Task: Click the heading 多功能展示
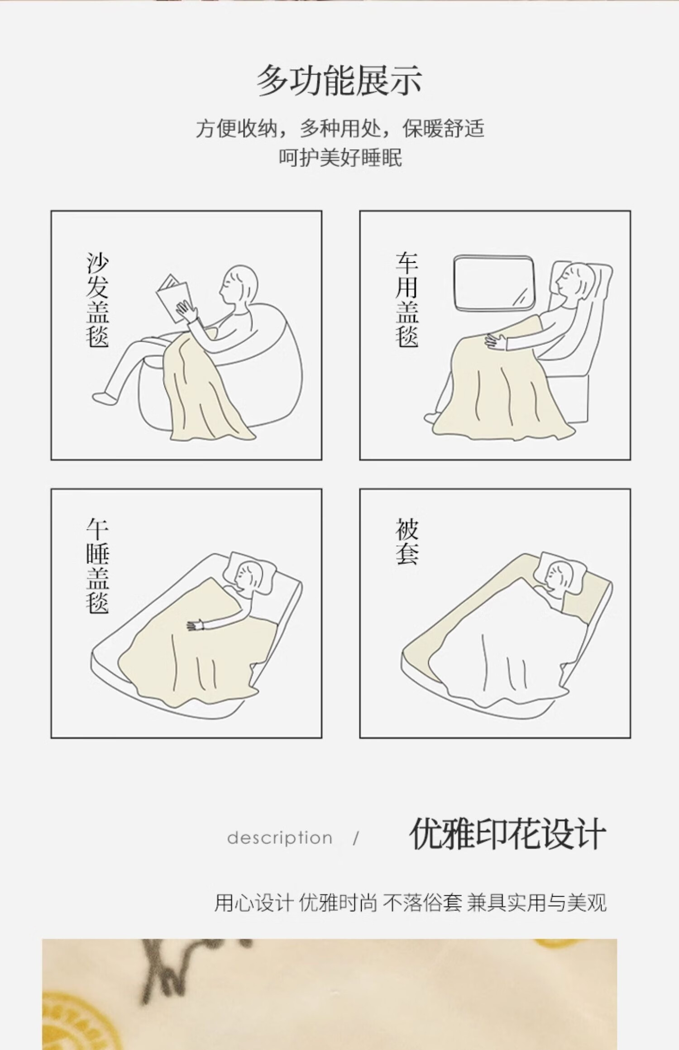tap(339, 81)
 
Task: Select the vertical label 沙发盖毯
tap(97, 300)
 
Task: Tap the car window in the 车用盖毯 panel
tap(494, 284)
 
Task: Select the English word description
tap(280, 838)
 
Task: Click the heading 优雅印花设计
tap(507, 834)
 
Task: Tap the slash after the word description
tap(356, 838)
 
